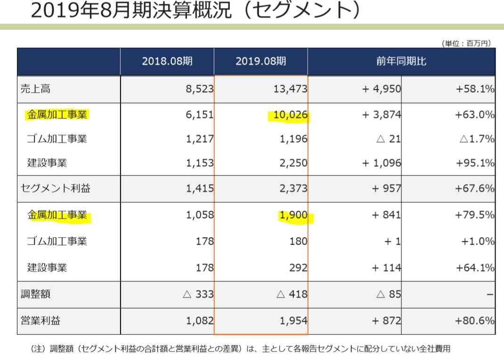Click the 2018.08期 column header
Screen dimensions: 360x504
pos(167,61)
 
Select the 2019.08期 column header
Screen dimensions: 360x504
pos(261,61)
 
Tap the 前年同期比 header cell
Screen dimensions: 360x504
pos(401,61)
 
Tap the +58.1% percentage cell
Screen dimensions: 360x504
pos(475,89)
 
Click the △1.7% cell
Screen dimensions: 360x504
pos(475,139)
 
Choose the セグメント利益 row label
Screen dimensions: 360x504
pos(55,189)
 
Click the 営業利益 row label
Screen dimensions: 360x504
pos(41,321)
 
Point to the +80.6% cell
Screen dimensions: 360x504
pos(475,321)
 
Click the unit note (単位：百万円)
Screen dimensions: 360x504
pos(467,43)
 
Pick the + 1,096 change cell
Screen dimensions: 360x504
pos(382,163)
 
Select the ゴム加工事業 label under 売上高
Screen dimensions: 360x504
pos(57,139)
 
